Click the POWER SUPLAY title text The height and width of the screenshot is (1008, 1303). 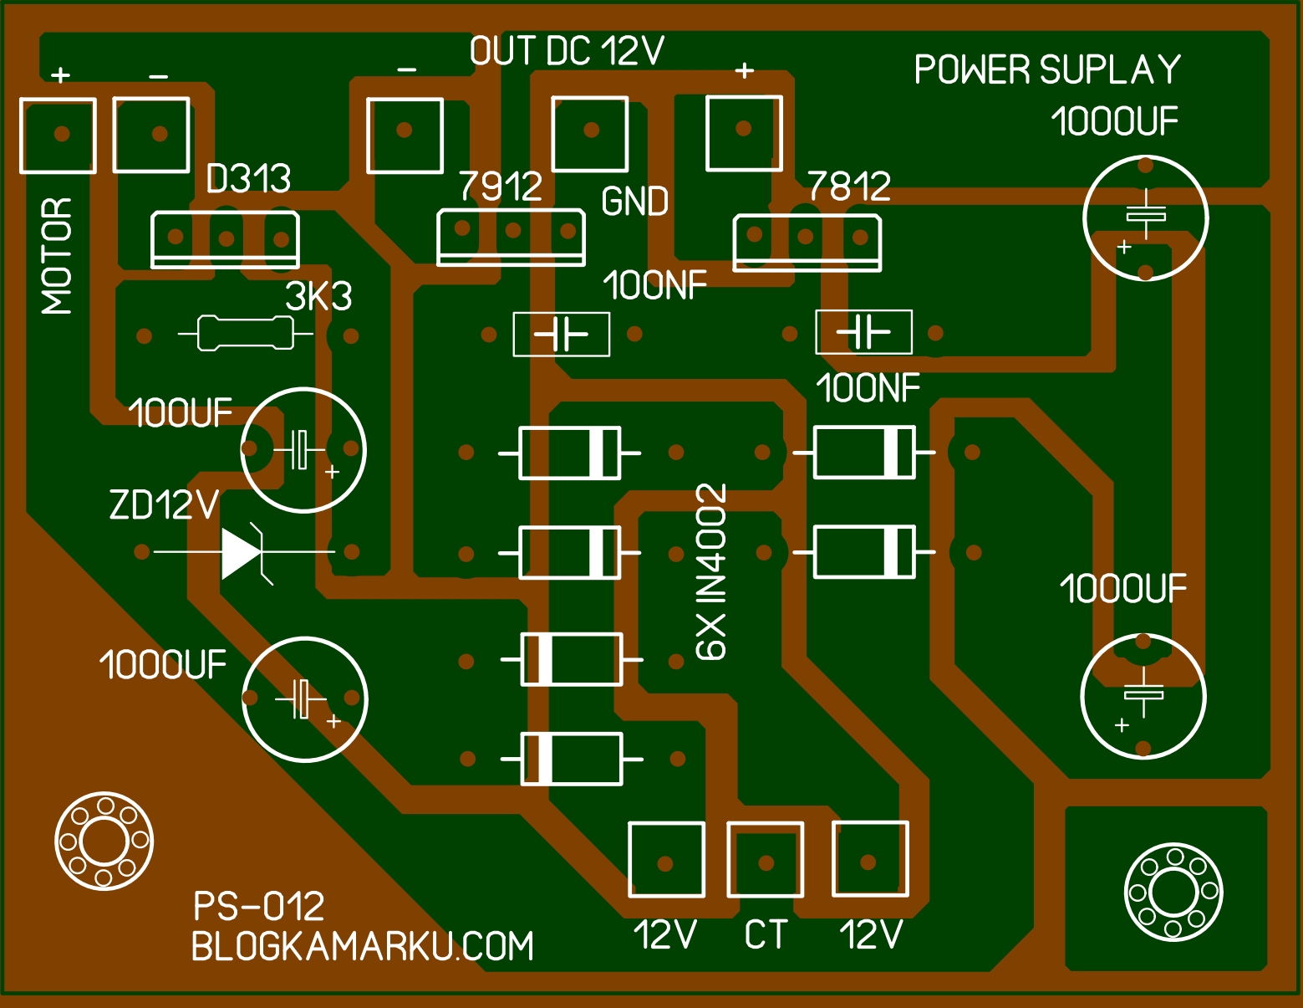(x=1047, y=69)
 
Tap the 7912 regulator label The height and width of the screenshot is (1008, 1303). (x=501, y=186)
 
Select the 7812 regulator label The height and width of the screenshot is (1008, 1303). (x=849, y=186)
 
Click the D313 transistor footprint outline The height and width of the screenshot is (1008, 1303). (x=225, y=240)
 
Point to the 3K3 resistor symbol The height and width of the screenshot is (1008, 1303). (x=246, y=334)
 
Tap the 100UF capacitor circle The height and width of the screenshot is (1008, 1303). (x=303, y=450)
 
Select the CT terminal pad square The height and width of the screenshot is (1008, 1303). (x=766, y=860)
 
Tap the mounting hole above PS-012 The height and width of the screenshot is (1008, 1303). (x=104, y=841)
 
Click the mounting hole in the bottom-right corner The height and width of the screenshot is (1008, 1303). (x=1173, y=892)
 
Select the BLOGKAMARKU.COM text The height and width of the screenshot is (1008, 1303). (x=362, y=946)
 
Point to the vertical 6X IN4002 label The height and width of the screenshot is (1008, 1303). (x=712, y=572)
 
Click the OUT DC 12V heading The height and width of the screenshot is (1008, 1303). (x=567, y=52)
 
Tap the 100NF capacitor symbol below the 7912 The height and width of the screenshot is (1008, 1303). (x=561, y=335)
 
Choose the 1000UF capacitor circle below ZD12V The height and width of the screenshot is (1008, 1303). (x=305, y=699)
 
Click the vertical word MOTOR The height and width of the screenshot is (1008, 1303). (x=57, y=256)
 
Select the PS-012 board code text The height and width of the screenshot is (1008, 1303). (x=258, y=906)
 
